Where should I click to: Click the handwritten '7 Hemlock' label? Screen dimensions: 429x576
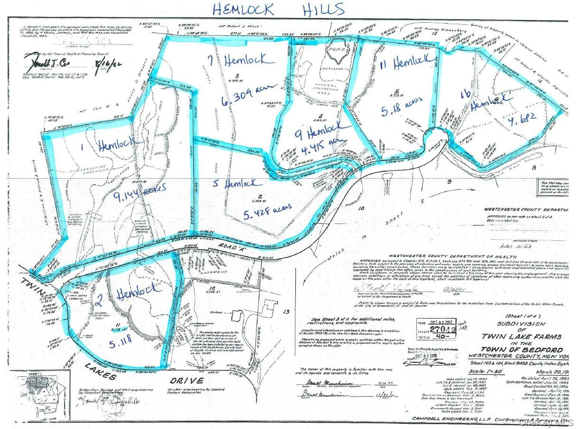point(242,61)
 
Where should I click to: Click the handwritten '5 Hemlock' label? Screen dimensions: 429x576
point(242,183)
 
